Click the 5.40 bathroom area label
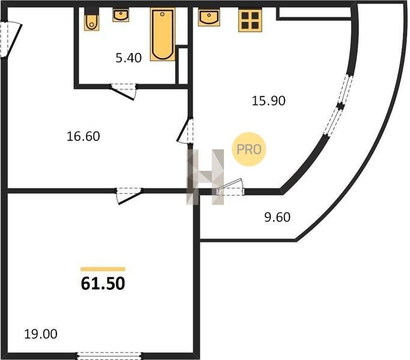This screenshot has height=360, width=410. point(128,58)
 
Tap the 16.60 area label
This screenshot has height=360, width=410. point(83,136)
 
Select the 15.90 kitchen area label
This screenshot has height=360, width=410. point(268,101)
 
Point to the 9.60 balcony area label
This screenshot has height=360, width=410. point(277,217)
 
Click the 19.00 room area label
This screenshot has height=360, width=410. point(41,334)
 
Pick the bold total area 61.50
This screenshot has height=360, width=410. point(103,284)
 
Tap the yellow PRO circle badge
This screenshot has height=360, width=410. point(249,149)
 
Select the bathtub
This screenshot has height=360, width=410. point(163,34)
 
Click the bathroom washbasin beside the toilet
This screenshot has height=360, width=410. point(121,15)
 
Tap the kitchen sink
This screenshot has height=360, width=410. point(209,17)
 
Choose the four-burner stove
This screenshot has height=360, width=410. point(250,20)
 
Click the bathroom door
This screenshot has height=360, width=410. point(123,91)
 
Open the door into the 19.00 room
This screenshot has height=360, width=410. point(129,196)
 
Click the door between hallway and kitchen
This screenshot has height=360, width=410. point(185,131)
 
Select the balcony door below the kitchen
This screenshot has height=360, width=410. point(230,187)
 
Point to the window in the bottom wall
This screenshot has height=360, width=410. point(109,356)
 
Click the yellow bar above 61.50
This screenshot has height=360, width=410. point(103,269)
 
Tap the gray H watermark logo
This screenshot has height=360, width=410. point(205,177)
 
